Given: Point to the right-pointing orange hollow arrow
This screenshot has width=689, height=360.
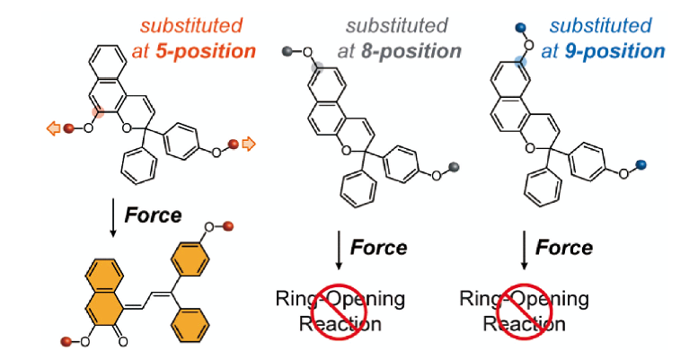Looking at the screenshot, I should pos(249,142).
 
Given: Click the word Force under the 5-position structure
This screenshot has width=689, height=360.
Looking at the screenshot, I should pos(153,215).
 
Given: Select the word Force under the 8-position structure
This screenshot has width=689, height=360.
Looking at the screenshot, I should pos(377,247).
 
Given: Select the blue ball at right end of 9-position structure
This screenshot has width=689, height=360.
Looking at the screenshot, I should pos(640,164).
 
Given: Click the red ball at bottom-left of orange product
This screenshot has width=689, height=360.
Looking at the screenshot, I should pos(66,341).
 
